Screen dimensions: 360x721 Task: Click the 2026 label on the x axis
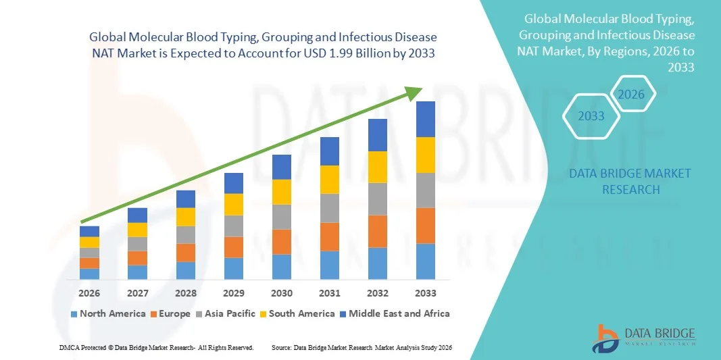click(x=89, y=294)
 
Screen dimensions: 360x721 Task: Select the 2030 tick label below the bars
click(x=282, y=294)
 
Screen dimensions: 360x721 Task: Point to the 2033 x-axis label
click(x=426, y=294)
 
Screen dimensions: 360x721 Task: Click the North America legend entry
click(x=108, y=313)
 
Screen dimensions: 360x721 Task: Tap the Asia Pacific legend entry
click(x=226, y=313)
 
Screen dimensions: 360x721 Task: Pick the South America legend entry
click(x=297, y=313)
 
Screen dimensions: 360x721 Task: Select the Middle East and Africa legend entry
click(x=395, y=313)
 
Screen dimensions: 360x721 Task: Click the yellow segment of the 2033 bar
click(x=426, y=155)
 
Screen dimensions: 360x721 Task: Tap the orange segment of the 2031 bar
click(x=330, y=236)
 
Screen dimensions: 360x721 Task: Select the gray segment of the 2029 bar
click(x=234, y=226)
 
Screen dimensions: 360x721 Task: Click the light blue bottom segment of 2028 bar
click(x=186, y=270)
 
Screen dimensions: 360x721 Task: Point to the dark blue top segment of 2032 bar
click(x=378, y=135)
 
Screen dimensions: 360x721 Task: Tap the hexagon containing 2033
click(x=591, y=116)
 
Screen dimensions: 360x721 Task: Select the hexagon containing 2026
click(x=632, y=95)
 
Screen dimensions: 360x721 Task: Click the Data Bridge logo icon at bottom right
click(x=605, y=338)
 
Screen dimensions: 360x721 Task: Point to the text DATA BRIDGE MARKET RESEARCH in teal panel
click(x=630, y=181)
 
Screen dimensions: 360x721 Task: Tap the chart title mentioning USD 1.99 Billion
click(x=262, y=45)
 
